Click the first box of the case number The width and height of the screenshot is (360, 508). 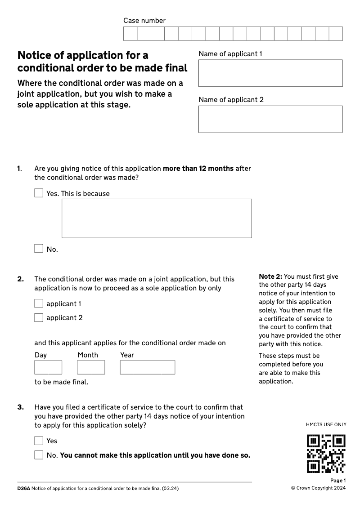(x=130, y=34)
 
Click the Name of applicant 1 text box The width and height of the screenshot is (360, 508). (x=270, y=73)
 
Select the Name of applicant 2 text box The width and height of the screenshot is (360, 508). (x=270, y=119)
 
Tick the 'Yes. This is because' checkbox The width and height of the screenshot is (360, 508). (x=39, y=193)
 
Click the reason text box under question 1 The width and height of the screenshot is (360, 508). (x=157, y=218)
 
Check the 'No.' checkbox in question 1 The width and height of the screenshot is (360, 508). (x=39, y=249)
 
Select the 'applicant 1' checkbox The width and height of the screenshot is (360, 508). (x=39, y=304)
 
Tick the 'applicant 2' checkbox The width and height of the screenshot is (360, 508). (x=39, y=318)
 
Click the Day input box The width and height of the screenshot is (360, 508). (x=48, y=367)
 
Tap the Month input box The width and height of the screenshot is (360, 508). (x=91, y=367)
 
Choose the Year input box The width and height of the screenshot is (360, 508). (x=147, y=367)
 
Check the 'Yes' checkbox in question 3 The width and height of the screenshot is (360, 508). (x=39, y=441)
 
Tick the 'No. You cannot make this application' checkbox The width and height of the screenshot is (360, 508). (x=39, y=455)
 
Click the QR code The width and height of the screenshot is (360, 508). (x=326, y=454)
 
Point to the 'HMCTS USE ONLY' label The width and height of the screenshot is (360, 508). (x=326, y=424)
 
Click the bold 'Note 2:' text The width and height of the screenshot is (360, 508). (x=270, y=276)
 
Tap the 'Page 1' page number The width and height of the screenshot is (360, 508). (x=338, y=481)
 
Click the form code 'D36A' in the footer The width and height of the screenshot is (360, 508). (x=23, y=488)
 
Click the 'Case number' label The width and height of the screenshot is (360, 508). (x=144, y=21)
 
